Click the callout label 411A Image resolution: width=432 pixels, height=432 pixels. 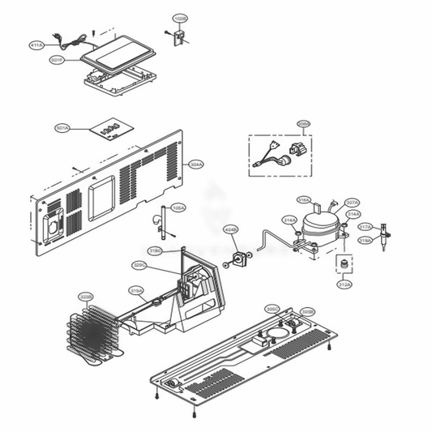(37, 45)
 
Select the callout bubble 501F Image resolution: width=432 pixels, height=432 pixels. (57, 60)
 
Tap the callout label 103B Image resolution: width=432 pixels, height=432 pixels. (179, 17)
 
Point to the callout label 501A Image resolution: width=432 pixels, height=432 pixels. (62, 128)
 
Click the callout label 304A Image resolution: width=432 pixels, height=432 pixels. (195, 165)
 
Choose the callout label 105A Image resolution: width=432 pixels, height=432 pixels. (178, 207)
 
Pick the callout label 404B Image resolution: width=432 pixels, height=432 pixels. (231, 229)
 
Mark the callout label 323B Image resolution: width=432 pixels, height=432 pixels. (86, 297)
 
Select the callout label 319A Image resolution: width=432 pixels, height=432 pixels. (136, 289)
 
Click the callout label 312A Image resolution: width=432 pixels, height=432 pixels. (344, 284)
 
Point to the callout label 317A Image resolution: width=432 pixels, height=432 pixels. (365, 227)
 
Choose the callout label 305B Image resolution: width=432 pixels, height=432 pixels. (306, 311)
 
